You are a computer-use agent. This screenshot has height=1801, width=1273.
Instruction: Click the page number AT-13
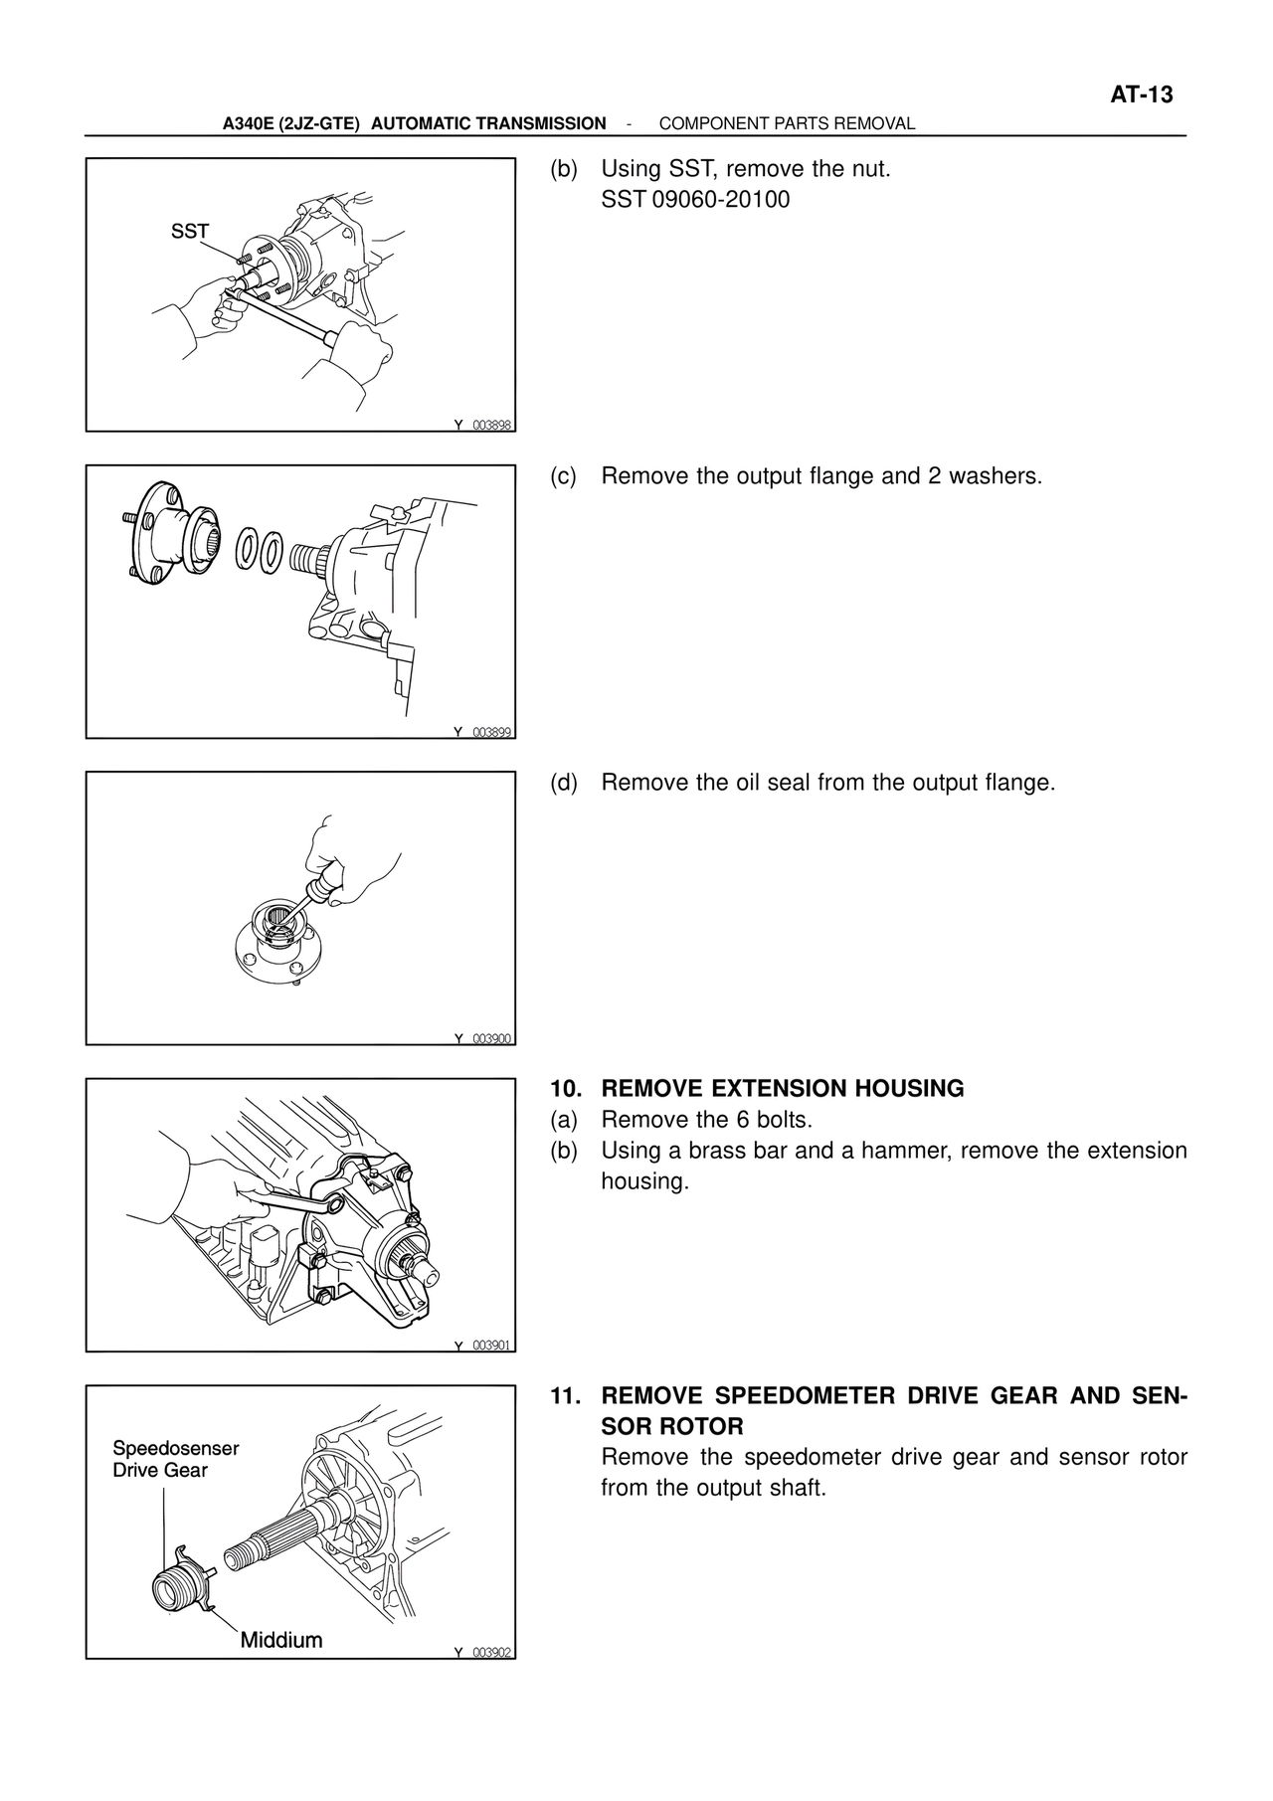point(1141,95)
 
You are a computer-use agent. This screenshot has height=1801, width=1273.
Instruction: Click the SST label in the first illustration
point(190,232)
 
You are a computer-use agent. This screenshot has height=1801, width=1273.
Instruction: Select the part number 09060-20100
point(721,200)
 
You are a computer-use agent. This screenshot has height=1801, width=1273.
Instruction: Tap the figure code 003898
point(491,425)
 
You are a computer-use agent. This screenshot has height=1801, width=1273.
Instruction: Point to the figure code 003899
point(491,732)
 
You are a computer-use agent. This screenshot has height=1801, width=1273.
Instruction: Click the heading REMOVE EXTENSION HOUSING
point(783,1089)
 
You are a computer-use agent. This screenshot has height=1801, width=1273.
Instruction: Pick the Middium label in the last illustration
point(281,1640)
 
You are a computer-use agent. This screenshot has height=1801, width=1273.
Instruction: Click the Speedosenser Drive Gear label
point(175,1459)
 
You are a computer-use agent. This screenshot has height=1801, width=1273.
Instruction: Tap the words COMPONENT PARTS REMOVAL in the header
point(787,124)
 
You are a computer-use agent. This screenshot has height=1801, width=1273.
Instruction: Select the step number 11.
point(565,1396)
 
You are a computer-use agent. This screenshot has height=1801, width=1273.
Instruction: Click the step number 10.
point(565,1089)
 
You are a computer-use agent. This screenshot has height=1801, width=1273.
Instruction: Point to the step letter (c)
point(564,476)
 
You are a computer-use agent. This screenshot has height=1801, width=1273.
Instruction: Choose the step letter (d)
point(564,783)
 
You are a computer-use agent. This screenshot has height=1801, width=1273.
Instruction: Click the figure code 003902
point(491,1652)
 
